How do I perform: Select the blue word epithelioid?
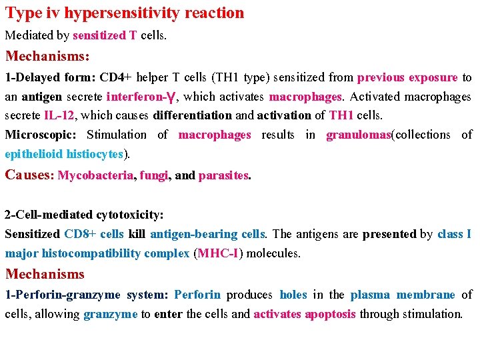pyautogui.click(x=33, y=154)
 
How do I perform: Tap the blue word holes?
pyautogui.click(x=293, y=295)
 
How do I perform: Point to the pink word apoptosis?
pyautogui.click(x=331, y=314)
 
